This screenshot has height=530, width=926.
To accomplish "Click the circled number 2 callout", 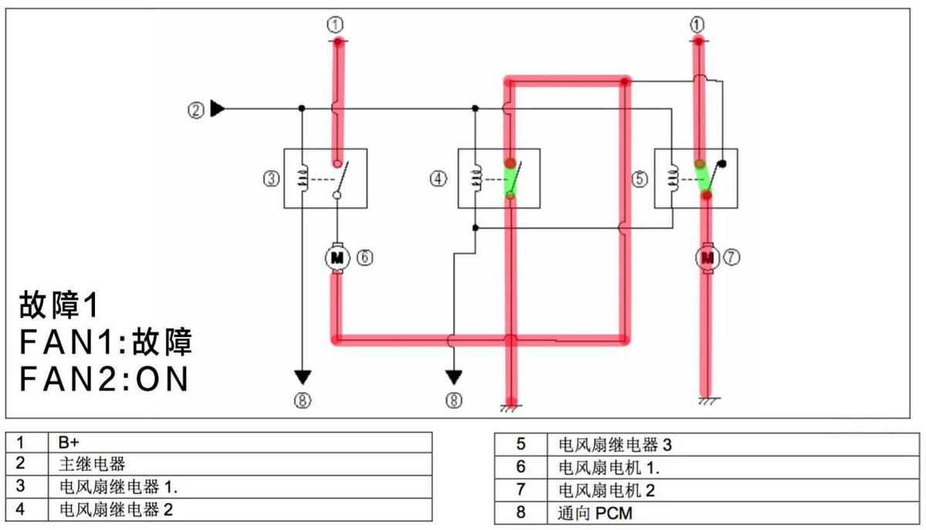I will pyautogui.click(x=196, y=110).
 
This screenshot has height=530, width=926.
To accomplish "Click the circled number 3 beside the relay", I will pyautogui.click(x=270, y=179).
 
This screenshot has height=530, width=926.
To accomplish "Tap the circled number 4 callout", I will pyautogui.click(x=438, y=179).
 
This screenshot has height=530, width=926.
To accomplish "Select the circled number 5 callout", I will pyautogui.click(x=640, y=179).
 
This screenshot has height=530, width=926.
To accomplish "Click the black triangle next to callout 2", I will pyautogui.click(x=218, y=110).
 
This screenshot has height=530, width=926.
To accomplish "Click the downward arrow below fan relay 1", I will pyautogui.click(x=302, y=377).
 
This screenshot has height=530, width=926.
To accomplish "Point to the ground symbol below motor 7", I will pyautogui.click(x=705, y=401).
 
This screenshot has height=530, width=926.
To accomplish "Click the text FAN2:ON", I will pyautogui.click(x=105, y=380).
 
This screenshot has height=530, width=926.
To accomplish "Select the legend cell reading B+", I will pyautogui.click(x=68, y=443).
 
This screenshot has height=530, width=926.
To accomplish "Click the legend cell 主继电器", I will pyautogui.click(x=91, y=465).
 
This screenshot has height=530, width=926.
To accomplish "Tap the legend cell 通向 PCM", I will pyautogui.click(x=593, y=512).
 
